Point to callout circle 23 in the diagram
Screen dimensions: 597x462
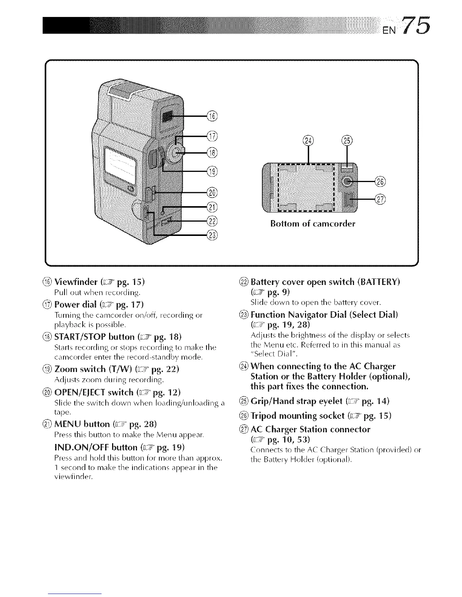(x=213, y=236)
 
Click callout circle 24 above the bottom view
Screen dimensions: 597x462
(x=308, y=141)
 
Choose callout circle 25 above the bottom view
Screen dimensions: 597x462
(x=346, y=141)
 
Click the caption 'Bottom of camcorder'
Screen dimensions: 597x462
(x=313, y=224)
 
